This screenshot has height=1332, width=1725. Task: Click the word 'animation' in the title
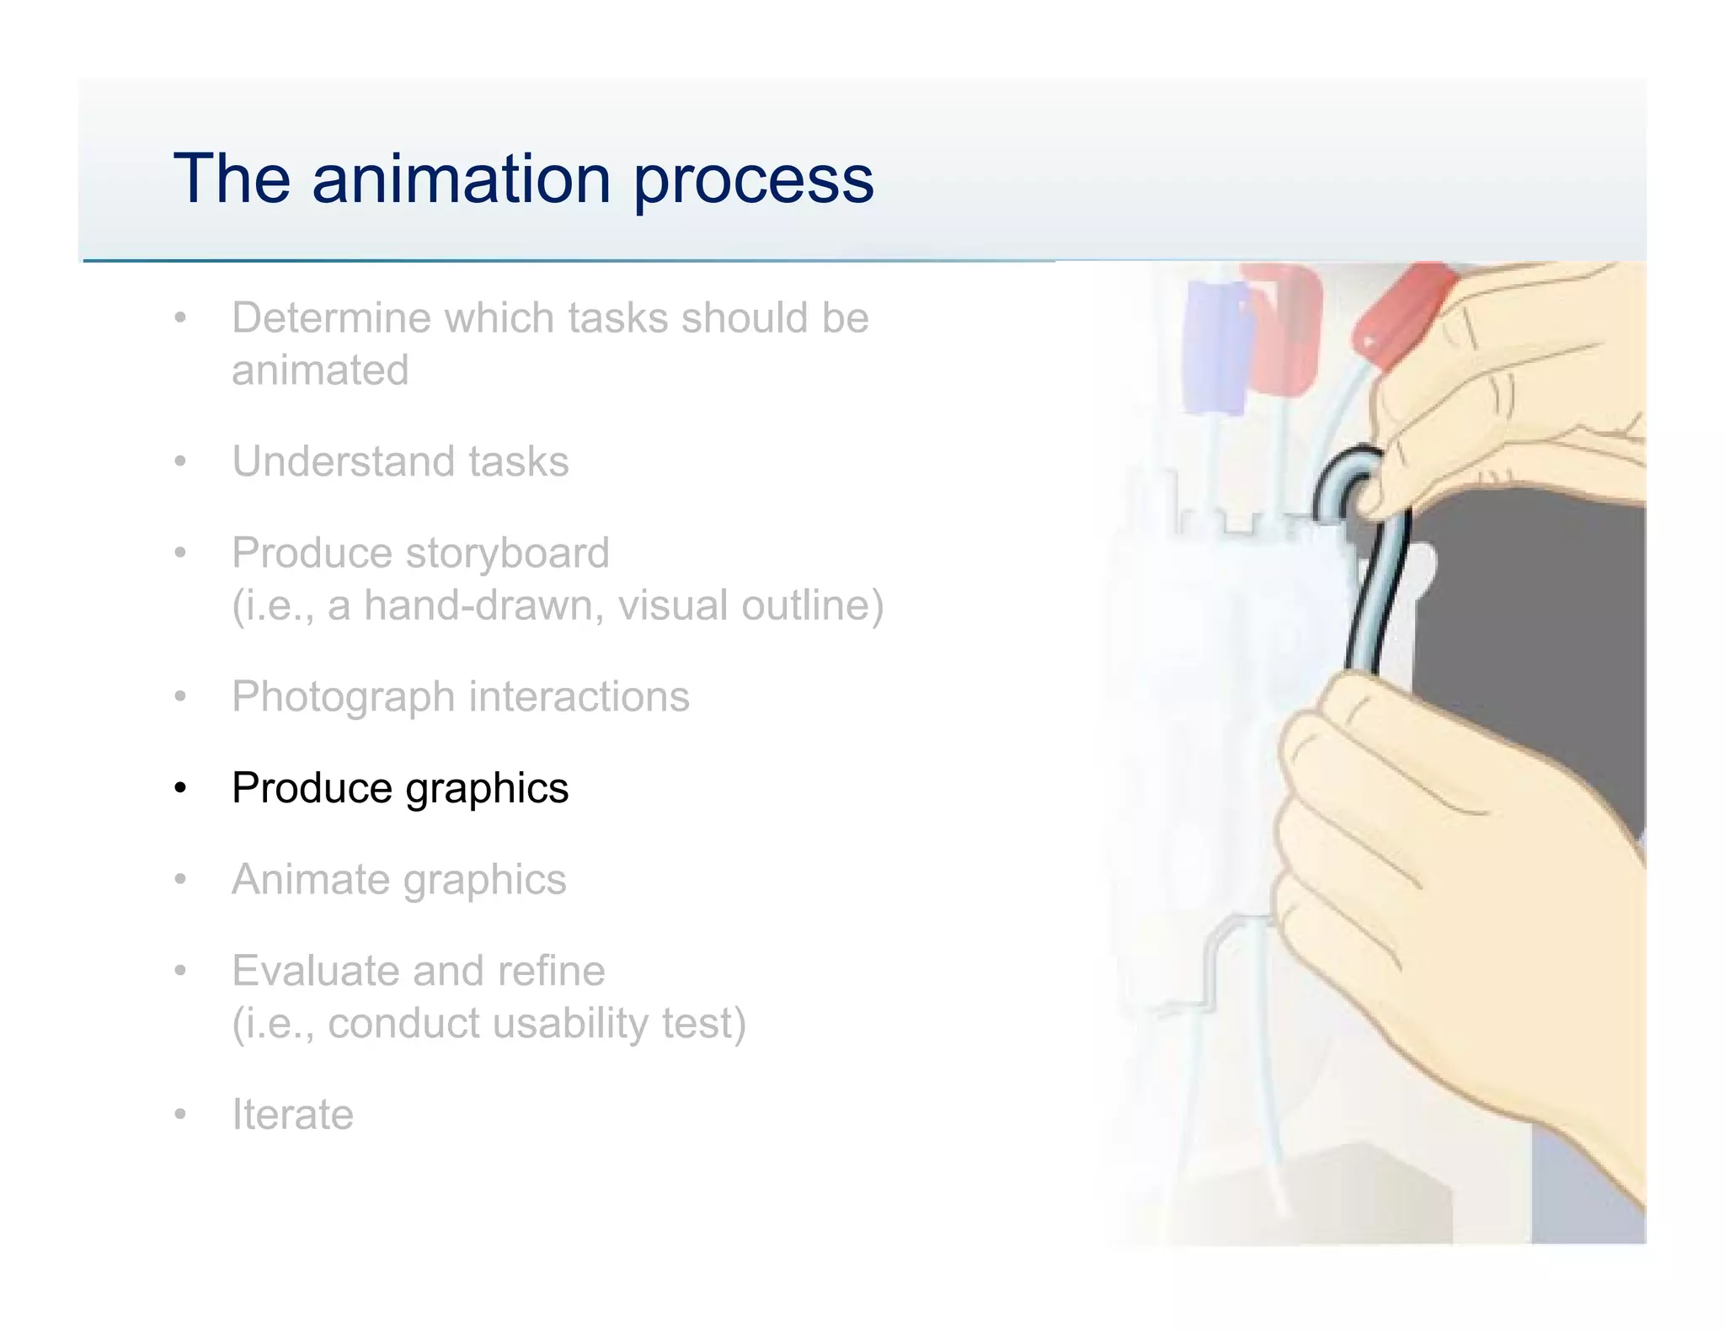click(x=461, y=179)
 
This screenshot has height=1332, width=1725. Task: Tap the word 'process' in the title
click(x=753, y=179)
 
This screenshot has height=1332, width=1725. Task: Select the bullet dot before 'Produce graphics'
click(x=179, y=789)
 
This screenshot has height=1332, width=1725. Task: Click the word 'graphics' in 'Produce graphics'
click(x=486, y=789)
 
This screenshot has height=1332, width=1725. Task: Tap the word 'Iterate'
click(x=292, y=1115)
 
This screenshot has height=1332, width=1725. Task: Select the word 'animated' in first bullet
click(x=320, y=370)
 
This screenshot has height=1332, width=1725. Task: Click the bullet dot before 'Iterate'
click(x=179, y=1115)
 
